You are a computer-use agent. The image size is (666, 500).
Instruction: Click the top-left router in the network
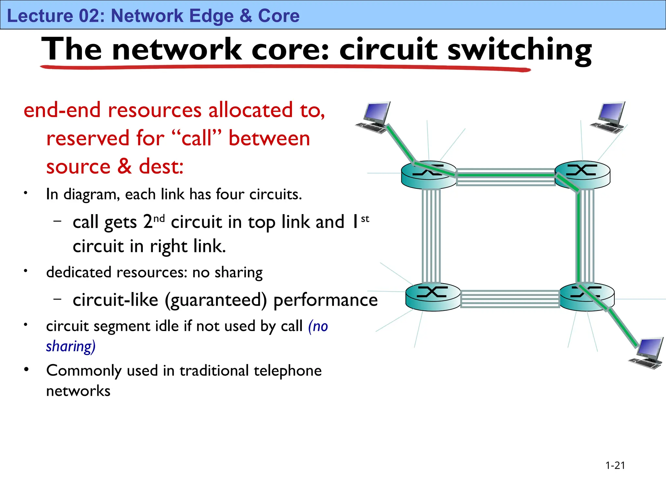pos(429,175)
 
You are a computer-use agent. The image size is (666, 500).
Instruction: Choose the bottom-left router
pos(433,297)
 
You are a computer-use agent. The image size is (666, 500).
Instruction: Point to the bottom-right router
pos(587,297)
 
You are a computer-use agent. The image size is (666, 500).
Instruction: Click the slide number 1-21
pos(615,465)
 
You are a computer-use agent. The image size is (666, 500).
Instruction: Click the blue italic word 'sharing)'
pos(71,346)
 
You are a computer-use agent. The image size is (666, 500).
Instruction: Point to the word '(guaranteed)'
pos(216,300)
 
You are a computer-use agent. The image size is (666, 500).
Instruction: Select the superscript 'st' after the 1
pos(365,219)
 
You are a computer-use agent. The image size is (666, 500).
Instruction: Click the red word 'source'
pos(78,167)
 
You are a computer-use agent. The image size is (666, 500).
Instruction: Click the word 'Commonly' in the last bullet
pos(84,371)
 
